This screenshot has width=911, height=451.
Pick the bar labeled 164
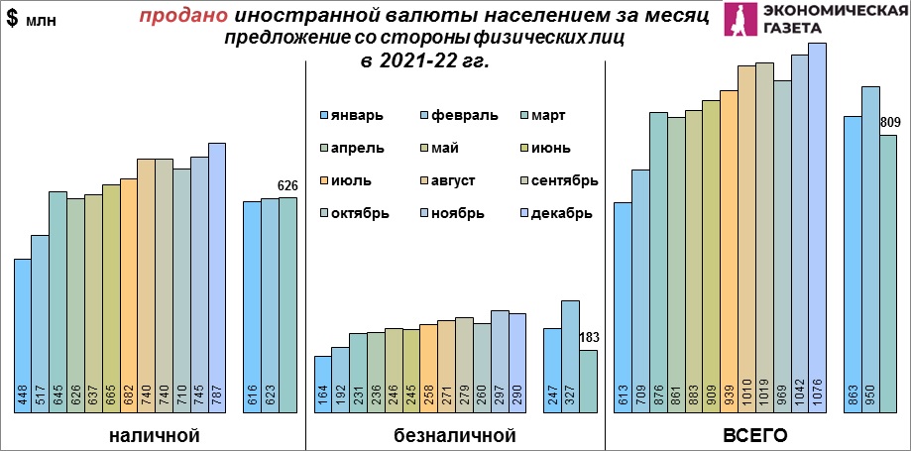[322, 381]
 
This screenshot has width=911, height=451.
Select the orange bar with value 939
[729, 248]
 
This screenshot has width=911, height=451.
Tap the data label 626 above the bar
[287, 185]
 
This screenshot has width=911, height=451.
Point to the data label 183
[589, 337]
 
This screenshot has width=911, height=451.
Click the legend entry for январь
[351, 116]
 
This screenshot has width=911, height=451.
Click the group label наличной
[155, 435]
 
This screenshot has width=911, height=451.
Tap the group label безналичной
[455, 435]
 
